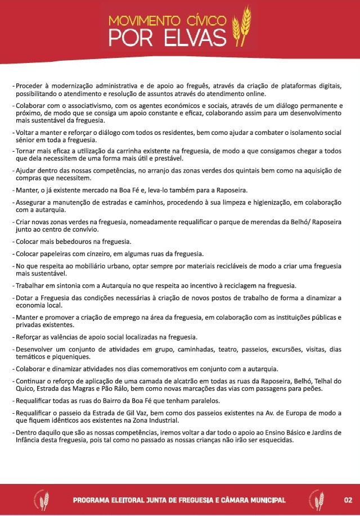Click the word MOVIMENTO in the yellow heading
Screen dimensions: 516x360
coord(145,21)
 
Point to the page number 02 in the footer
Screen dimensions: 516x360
coord(348,500)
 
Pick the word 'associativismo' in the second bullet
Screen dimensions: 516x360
coord(82,106)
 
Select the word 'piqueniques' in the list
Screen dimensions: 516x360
coord(67,357)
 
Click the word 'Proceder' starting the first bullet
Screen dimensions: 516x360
coord(31,86)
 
